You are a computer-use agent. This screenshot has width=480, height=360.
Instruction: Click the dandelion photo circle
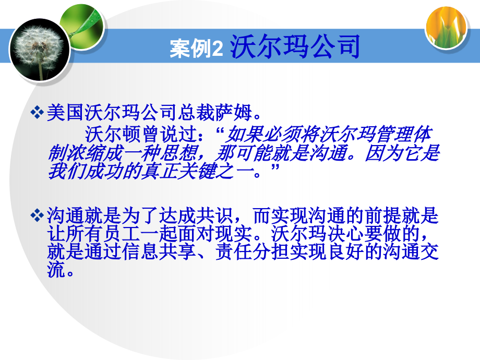[40, 50]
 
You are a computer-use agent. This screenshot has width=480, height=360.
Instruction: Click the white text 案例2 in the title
[196, 49]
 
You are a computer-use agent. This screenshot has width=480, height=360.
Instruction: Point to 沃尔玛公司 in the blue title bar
[295, 46]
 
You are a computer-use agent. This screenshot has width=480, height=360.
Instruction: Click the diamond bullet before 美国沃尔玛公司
[37, 112]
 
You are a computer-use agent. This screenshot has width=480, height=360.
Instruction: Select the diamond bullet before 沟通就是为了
[37, 215]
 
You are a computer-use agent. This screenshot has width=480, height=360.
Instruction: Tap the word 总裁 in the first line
[196, 112]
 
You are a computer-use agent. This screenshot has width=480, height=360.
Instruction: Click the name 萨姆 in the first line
[233, 112]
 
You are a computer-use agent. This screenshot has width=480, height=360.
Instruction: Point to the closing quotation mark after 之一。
[275, 167]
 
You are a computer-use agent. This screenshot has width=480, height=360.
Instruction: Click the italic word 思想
[177, 153]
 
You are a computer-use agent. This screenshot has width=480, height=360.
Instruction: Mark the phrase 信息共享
[159, 252]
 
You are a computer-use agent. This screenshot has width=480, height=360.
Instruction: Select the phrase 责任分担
[252, 252]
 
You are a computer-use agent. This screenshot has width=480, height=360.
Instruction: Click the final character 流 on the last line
[56, 270]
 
